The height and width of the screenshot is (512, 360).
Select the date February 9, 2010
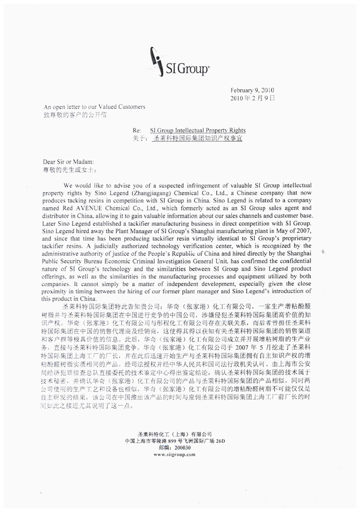coord(252,90)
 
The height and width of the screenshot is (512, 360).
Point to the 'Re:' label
coord(137,130)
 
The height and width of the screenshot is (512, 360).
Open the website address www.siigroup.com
coord(175,454)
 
